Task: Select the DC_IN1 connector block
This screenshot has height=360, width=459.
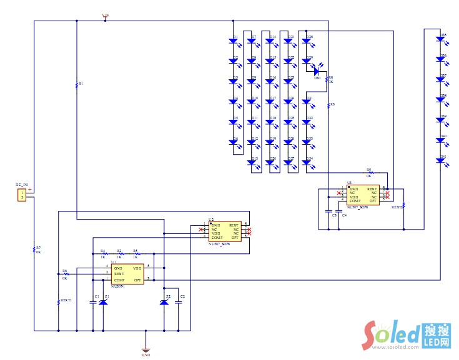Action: tap(22, 195)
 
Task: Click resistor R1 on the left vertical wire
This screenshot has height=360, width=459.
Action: tap(76, 85)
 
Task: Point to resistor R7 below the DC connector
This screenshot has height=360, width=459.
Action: tap(34, 250)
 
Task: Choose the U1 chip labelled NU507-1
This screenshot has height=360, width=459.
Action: tap(128, 275)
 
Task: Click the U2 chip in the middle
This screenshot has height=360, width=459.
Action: tap(225, 231)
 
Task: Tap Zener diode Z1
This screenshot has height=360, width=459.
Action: tap(104, 303)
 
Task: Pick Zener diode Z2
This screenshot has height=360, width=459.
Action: tap(164, 303)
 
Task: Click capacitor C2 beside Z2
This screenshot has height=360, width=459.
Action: tap(179, 303)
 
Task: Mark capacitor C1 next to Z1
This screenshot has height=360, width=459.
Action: tap(92, 303)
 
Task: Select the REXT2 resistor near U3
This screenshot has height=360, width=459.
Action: tap(403, 205)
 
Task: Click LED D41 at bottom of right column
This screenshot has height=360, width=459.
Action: tap(440, 161)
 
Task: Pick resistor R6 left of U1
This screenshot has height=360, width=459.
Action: tap(64, 274)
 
